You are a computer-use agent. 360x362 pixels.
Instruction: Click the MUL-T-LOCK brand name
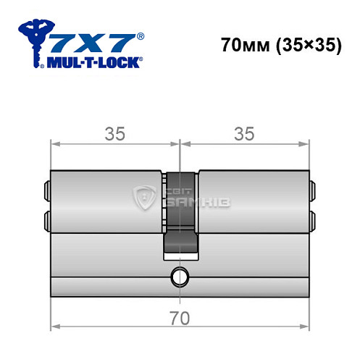click(x=92, y=62)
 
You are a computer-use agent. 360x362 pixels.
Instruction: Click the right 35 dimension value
click(x=244, y=133)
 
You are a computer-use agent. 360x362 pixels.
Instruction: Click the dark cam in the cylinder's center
click(x=180, y=217)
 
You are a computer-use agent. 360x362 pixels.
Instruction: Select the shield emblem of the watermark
click(x=148, y=197)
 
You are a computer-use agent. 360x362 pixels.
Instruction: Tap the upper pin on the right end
click(x=313, y=190)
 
